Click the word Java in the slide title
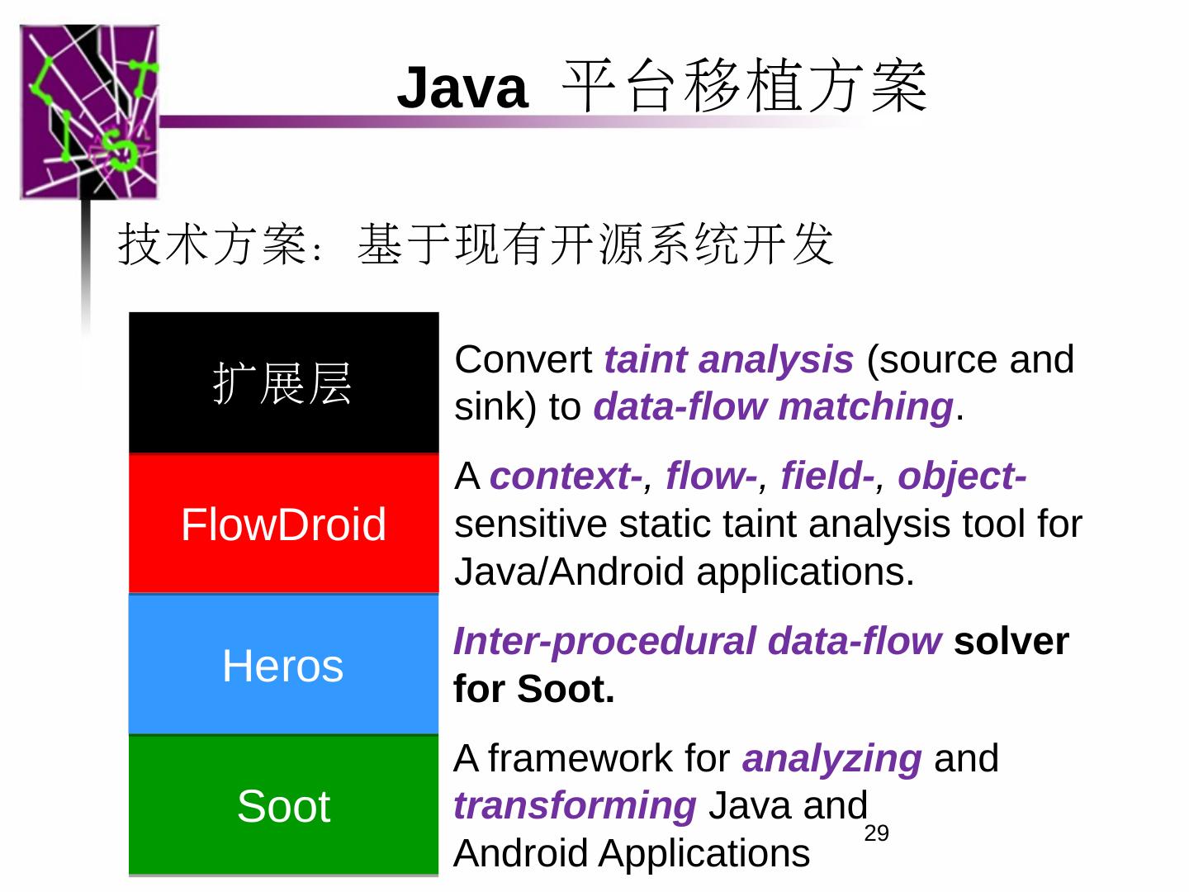[462, 88]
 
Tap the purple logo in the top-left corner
[89, 112]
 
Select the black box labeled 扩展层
[283, 383]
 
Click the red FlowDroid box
[283, 524]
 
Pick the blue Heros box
[283, 665]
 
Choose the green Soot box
[283, 805]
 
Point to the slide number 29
[876, 833]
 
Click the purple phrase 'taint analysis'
[728, 359]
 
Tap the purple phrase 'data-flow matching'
[773, 406]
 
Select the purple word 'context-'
[566, 477]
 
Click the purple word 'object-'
[962, 477]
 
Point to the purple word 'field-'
[827, 477]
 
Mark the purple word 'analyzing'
[831, 758]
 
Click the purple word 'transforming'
[575, 805]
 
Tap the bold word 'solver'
[1011, 642]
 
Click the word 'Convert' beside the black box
[523, 359]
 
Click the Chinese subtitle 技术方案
[213, 244]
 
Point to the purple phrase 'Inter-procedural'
[604, 642]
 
